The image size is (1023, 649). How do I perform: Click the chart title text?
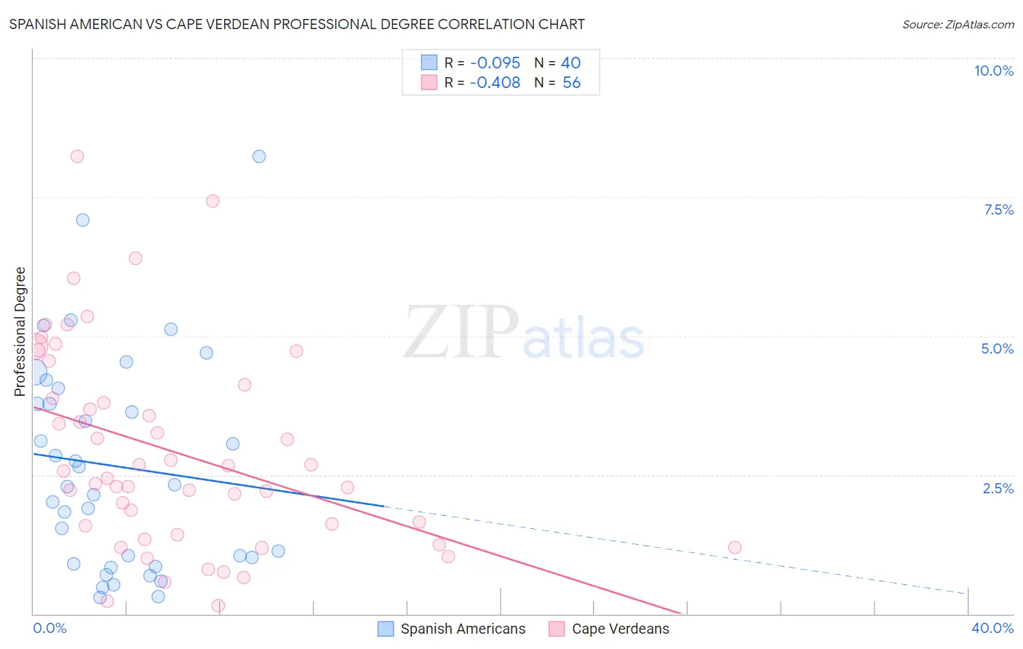[x=297, y=24]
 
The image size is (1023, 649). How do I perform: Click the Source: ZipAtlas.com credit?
[x=958, y=24]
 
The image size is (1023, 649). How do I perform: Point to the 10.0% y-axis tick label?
[x=993, y=71]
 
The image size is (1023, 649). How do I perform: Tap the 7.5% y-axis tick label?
[x=998, y=210]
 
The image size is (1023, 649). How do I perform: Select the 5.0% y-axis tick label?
[x=997, y=349]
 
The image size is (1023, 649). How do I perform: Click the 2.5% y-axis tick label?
[x=998, y=488]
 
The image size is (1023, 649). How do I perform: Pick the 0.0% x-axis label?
[x=49, y=628]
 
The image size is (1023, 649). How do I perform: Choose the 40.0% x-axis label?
[x=992, y=628]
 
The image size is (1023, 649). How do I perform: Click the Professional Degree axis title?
[x=20, y=332]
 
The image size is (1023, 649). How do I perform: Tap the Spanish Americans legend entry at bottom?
[x=462, y=629]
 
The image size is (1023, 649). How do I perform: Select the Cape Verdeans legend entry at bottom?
[x=620, y=629]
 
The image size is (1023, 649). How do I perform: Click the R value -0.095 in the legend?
[x=495, y=63]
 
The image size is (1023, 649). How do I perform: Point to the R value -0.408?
[x=495, y=83]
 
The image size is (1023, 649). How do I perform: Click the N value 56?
[x=571, y=83]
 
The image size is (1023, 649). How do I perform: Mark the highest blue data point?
[x=259, y=156]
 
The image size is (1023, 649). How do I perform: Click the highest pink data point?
[x=77, y=156]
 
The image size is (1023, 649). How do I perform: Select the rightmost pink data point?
[x=735, y=547]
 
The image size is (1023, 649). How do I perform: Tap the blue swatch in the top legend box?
[x=429, y=63]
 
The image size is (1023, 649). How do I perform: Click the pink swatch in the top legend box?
[x=429, y=82]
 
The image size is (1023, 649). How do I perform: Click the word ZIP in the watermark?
[x=461, y=333]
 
